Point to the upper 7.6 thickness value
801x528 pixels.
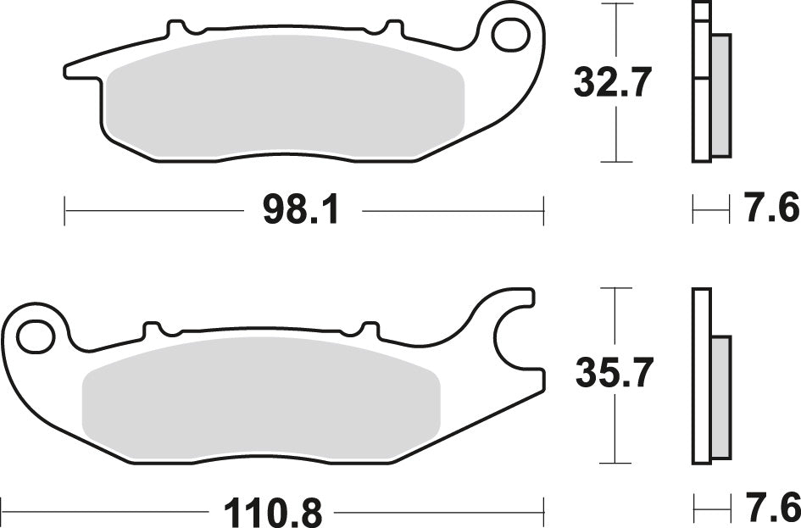point(770,208)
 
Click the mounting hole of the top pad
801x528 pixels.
point(509,33)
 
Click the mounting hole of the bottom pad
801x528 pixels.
point(35,337)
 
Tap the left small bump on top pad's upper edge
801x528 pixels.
point(175,29)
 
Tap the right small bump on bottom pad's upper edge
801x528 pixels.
point(370,327)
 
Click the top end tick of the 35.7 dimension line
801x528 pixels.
point(616,288)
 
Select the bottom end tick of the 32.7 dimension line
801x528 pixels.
point(616,161)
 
